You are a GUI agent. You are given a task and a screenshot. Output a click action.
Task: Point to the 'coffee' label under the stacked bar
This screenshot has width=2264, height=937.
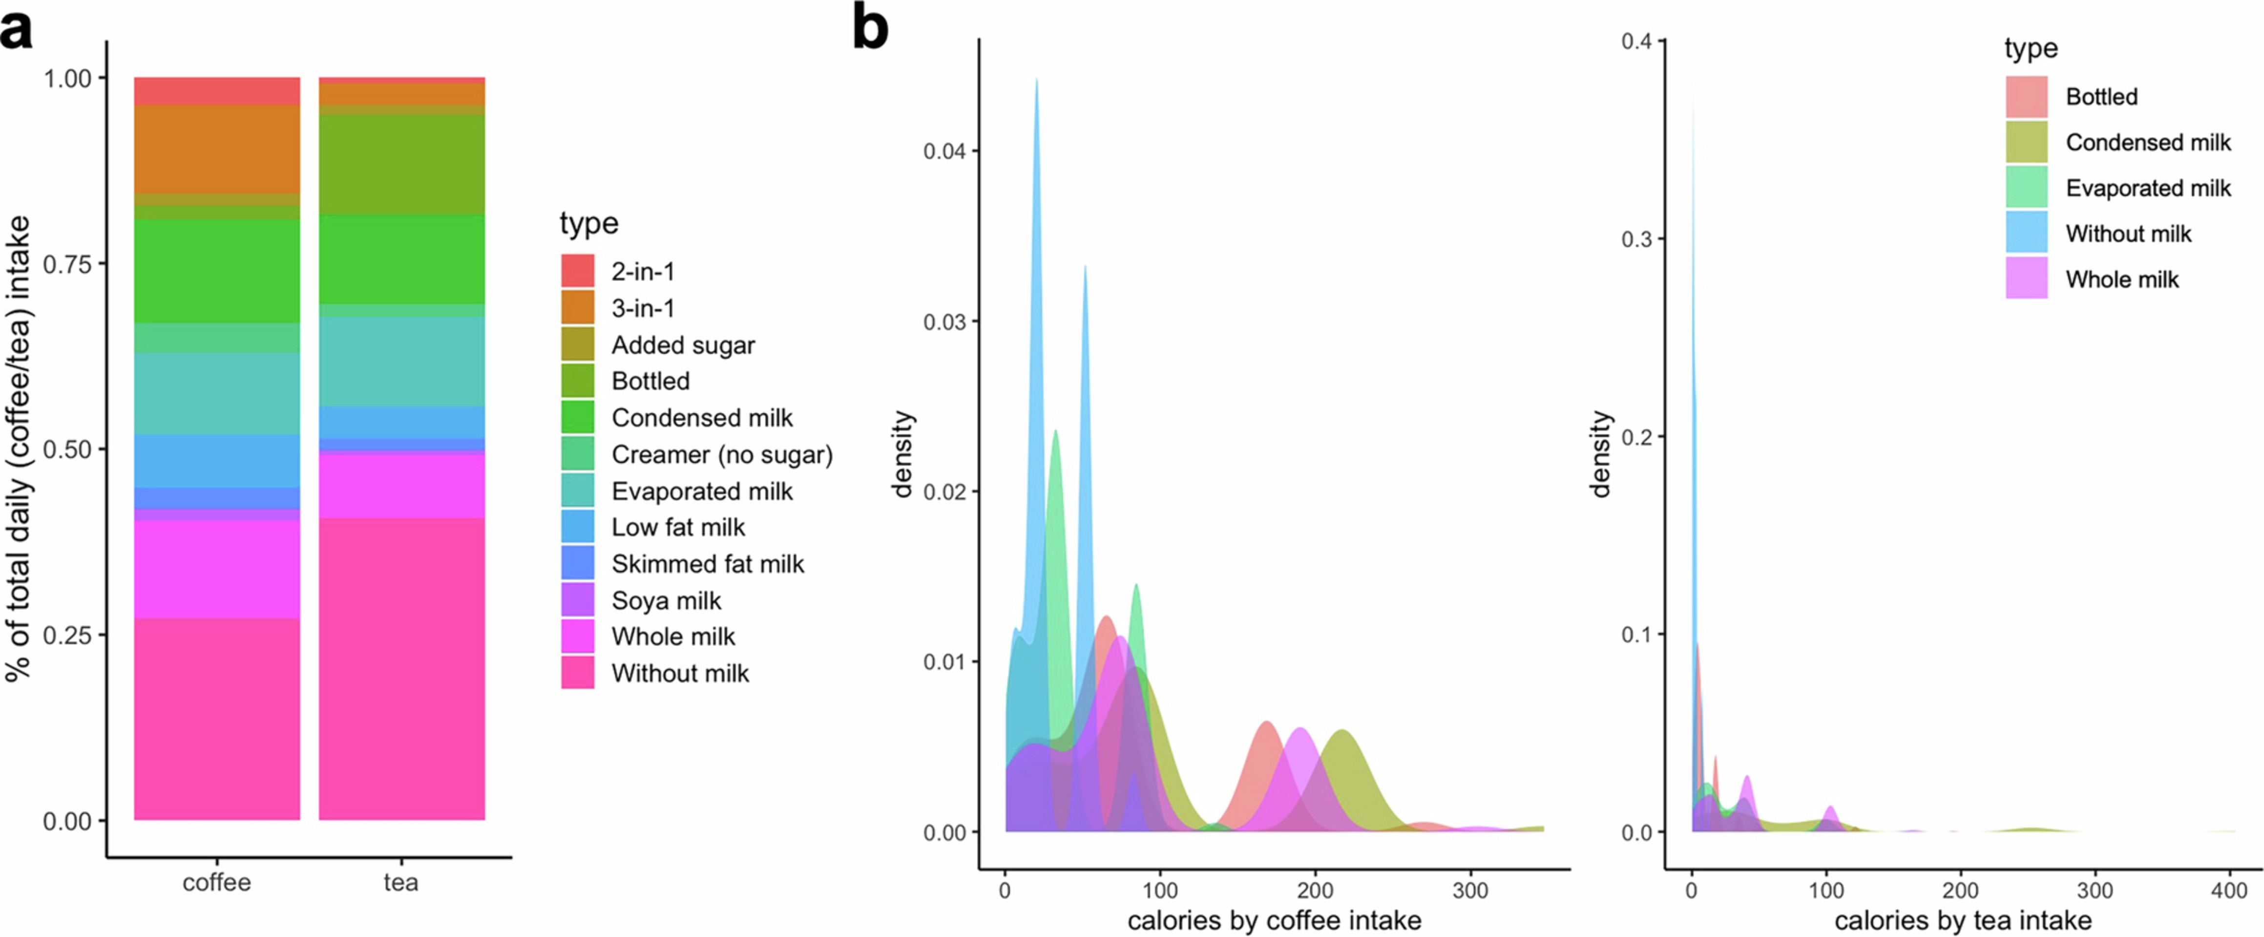(216, 882)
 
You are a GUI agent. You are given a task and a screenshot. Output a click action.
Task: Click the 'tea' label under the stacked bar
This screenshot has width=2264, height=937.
(401, 882)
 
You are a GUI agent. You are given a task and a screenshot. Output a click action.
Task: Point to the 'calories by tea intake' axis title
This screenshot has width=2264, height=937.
(1963, 920)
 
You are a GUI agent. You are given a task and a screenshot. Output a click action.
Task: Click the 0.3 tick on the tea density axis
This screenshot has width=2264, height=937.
(1636, 239)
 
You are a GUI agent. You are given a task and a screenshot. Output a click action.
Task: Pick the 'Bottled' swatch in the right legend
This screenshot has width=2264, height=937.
(2026, 97)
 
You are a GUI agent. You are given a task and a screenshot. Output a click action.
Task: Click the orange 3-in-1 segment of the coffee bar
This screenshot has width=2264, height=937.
(216, 149)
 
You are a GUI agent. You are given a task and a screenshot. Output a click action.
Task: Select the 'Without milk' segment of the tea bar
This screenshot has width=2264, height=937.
(401, 668)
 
